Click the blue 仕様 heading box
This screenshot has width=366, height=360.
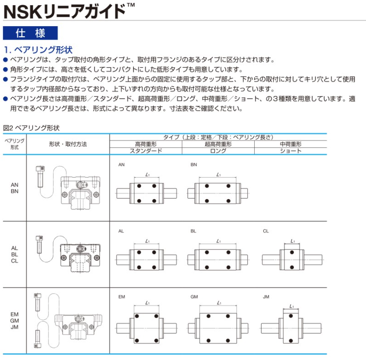point(30,33)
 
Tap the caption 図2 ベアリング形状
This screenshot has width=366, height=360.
point(31,128)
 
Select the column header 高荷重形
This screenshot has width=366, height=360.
point(146,144)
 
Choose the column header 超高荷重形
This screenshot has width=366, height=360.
point(218,144)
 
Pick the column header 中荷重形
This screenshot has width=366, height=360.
point(290,144)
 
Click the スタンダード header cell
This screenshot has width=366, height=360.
point(146,151)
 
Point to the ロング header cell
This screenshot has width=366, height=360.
point(218,151)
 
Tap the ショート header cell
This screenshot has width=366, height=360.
point(290,151)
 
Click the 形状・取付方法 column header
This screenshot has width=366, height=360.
point(68,144)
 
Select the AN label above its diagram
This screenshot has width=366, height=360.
point(121,165)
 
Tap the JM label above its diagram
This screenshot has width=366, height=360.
point(266,297)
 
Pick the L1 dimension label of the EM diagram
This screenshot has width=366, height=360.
point(147,303)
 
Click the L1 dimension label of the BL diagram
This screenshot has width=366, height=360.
point(218,240)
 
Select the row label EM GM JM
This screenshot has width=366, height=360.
point(14,320)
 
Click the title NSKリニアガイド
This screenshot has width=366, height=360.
point(66,10)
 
